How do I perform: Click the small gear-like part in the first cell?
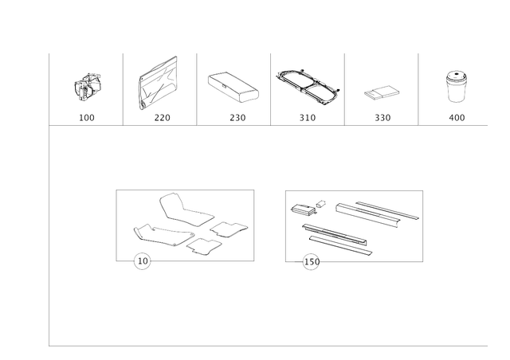[x=88, y=85]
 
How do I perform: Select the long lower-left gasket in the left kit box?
[x=159, y=234]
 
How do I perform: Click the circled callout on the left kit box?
[x=141, y=260]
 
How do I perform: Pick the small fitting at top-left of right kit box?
[x=302, y=209]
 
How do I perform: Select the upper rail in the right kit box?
[x=375, y=211]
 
